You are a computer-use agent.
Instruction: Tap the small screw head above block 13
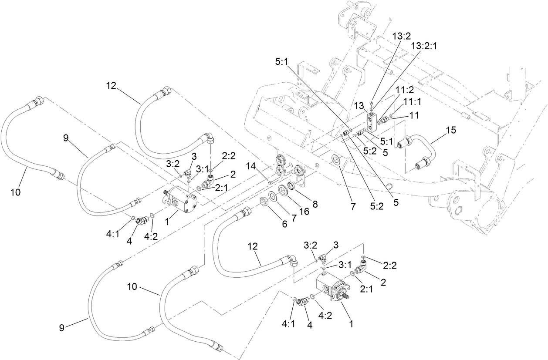pos(371,102)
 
